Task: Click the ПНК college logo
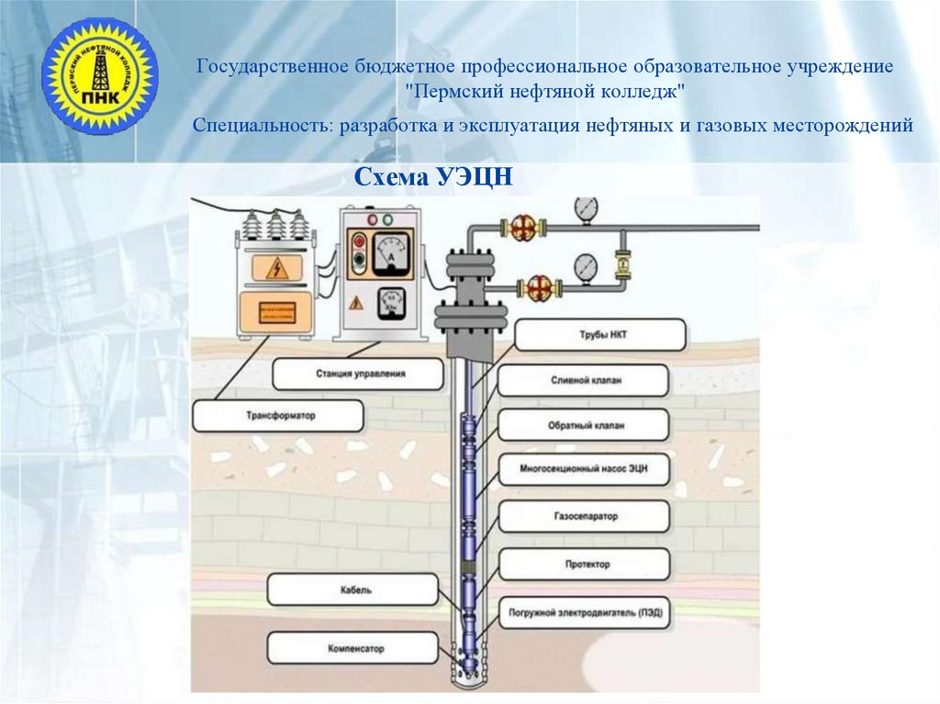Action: [100, 76]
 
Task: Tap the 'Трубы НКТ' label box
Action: [600, 335]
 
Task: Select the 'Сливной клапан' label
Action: [583, 380]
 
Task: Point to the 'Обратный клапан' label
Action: [583, 425]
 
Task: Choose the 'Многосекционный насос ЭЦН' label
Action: [583, 470]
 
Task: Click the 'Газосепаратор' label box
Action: [583, 517]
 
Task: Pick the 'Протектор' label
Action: [583, 564]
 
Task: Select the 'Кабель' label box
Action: [353, 590]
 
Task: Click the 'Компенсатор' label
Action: [353, 648]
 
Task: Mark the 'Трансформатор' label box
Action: [279, 416]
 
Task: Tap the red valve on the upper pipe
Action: [523, 227]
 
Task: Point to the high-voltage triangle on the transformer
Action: [274, 269]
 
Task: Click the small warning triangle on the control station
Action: [355, 302]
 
